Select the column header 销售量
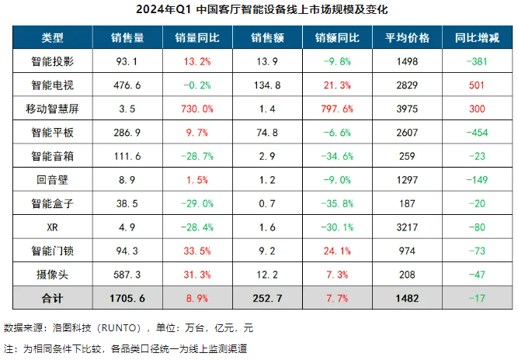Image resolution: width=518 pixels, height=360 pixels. click(127, 37)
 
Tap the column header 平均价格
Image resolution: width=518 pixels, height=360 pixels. click(406, 37)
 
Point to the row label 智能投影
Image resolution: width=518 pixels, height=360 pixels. click(52, 61)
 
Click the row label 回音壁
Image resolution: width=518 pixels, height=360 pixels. click(52, 180)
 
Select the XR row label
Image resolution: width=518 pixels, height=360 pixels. click(52, 227)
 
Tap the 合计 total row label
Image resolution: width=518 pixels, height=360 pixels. click(52, 299)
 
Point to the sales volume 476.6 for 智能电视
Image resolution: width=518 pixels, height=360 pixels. click(127, 85)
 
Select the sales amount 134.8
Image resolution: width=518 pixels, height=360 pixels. click(266, 85)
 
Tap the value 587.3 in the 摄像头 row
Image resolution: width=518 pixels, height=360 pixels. click(127, 275)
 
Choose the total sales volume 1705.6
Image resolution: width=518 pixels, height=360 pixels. click(127, 299)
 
